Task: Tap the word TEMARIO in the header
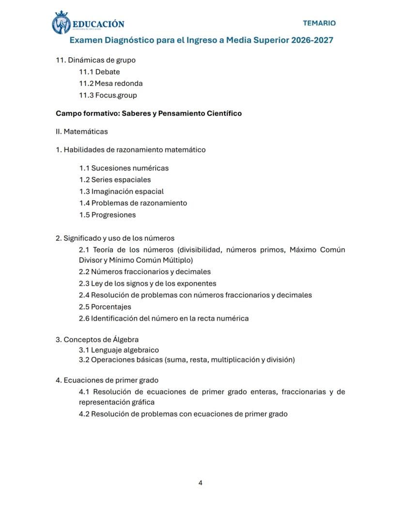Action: [319, 23]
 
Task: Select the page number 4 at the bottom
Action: [200, 483]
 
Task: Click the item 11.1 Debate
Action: [99, 72]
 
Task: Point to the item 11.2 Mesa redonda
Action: [110, 83]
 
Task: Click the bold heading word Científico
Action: [224, 113]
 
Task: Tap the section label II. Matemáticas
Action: [82, 131]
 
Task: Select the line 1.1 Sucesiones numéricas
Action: [123, 168]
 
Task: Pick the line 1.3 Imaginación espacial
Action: [121, 191]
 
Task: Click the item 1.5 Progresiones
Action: [107, 215]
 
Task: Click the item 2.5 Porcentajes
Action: [105, 307]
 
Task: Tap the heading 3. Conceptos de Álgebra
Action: [97, 339]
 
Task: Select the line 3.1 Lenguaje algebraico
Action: [119, 350]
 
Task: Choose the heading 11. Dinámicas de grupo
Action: [95, 60]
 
